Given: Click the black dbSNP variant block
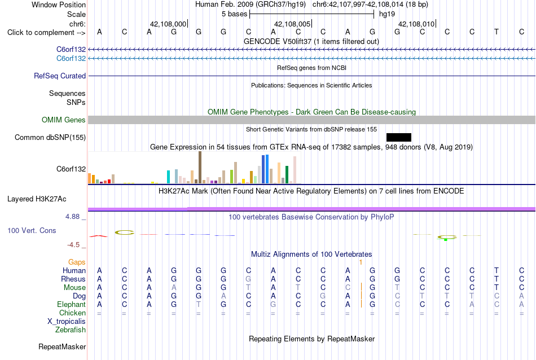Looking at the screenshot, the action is (x=398, y=138).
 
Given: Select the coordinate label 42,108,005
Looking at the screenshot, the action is (x=292, y=24).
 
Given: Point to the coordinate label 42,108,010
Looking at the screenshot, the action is (x=416, y=24).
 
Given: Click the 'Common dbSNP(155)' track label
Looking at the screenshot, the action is (x=50, y=138).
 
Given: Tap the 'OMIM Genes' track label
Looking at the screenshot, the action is (x=64, y=120).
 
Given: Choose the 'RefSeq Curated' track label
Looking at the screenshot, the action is (x=60, y=76).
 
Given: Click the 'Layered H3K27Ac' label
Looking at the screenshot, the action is (x=37, y=199).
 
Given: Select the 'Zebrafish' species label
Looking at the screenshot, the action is (x=71, y=330).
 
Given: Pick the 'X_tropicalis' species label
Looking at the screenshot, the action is (x=67, y=322).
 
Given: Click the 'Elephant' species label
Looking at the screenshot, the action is (x=72, y=304).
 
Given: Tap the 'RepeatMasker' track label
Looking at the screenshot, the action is (x=62, y=346).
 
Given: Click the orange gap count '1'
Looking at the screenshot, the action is (x=361, y=262).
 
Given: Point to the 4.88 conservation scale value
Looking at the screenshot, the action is (x=72, y=217).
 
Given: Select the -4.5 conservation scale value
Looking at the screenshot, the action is (x=73, y=245).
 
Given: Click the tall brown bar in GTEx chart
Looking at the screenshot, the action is (x=200, y=168).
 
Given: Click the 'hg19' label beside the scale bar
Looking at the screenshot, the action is (x=387, y=14).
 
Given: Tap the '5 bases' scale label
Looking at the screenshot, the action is (x=235, y=14).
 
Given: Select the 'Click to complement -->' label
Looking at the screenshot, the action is (x=46, y=33).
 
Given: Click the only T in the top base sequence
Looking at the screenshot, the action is (x=497, y=32).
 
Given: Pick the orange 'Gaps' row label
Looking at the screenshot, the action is (x=77, y=262).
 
